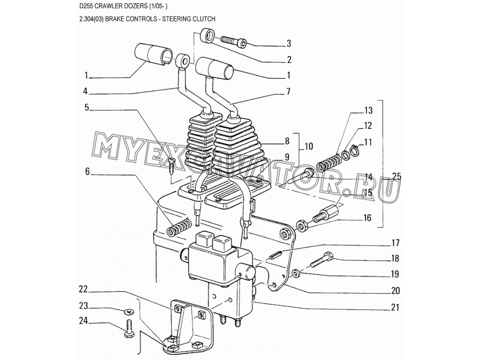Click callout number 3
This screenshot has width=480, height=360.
(x=288, y=43)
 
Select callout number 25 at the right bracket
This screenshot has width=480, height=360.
(x=396, y=177)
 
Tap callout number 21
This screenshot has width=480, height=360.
(x=395, y=307)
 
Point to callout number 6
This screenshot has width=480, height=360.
(x=87, y=172)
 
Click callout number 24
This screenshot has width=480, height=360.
(x=83, y=321)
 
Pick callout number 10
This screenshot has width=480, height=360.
(x=309, y=146)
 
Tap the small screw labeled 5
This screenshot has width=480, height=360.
(x=171, y=165)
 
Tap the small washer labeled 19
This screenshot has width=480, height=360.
(x=295, y=273)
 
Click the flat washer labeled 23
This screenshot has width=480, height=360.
(x=128, y=312)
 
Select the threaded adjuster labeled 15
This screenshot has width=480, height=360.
(x=326, y=214)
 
